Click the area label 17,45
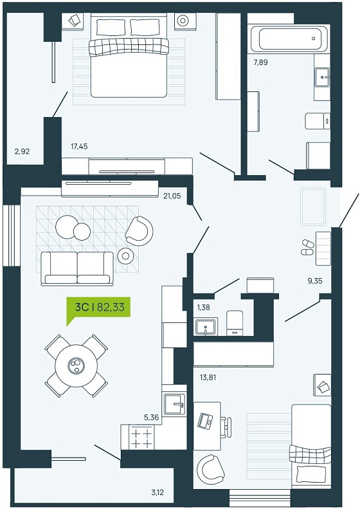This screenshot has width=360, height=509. point(79,147)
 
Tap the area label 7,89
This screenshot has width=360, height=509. point(260,62)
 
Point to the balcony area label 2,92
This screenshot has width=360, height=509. point(22,151)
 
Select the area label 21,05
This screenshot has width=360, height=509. point(172,196)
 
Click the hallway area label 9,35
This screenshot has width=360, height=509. point(314,281)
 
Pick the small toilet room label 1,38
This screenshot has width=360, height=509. point(203,307)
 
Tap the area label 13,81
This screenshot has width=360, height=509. point(208,378)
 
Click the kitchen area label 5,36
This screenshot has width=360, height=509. point(152,418)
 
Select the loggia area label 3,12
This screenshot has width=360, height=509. point(157,492)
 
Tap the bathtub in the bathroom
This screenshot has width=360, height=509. point(289,39)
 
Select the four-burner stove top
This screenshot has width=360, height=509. point(141,437)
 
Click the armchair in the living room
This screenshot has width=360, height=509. point(139,231)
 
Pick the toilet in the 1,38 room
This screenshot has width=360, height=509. point(235,323)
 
